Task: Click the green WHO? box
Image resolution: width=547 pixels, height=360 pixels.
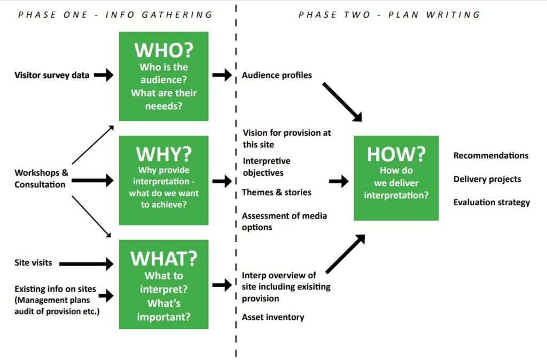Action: pos(163,76)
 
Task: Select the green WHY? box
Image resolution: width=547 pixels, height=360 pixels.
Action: pos(163,180)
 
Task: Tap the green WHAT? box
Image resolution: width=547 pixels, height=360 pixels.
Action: pos(163,284)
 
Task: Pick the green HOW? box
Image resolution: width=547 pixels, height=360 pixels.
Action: pos(396,178)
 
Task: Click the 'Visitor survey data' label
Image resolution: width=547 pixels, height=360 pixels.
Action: pos(52,75)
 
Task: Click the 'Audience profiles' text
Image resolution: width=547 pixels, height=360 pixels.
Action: pos(277,75)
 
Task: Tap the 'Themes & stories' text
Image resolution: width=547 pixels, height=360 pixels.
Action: pos(276,192)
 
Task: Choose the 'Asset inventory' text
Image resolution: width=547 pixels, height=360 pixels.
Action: pos(273,317)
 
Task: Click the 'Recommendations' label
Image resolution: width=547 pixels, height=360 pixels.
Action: pos(491,155)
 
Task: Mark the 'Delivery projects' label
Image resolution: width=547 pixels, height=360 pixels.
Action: pos(487,179)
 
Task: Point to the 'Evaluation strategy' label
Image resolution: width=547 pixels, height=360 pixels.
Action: pos(491,202)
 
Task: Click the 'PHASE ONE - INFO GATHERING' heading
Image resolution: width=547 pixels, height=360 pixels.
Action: pos(115,14)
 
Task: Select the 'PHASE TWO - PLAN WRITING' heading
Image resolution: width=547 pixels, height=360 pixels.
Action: pos(389,14)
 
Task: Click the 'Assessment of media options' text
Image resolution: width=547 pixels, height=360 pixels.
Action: pos(284,222)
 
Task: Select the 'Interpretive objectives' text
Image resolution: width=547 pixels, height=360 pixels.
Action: pos(267,167)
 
